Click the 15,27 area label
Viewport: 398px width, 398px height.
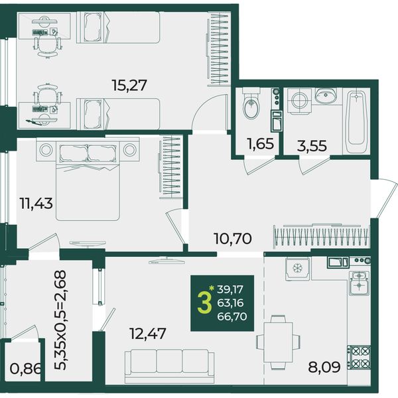click(x=129, y=86)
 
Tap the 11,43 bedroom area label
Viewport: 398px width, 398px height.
click(x=36, y=204)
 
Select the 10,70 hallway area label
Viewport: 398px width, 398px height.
click(x=233, y=239)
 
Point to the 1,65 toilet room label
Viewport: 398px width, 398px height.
click(x=261, y=144)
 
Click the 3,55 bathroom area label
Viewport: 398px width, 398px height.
click(x=312, y=146)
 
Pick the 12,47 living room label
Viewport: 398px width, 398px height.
click(x=148, y=333)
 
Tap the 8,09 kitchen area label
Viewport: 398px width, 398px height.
click(x=324, y=367)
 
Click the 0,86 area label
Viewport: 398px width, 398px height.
click(x=25, y=369)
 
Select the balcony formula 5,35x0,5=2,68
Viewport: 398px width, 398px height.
click(x=60, y=320)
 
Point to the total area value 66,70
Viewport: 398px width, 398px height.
click(x=232, y=316)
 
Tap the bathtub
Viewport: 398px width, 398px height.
click(x=356, y=121)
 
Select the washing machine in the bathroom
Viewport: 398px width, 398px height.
click(x=300, y=101)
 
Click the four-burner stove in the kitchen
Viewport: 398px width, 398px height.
click(x=359, y=358)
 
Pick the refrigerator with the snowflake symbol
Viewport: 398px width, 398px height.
click(x=297, y=269)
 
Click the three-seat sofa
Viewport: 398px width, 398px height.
click(x=169, y=366)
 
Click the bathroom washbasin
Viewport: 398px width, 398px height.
click(x=326, y=96)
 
